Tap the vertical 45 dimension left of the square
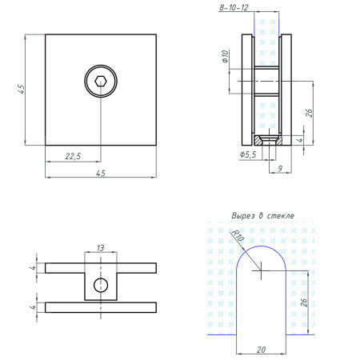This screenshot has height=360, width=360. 24,90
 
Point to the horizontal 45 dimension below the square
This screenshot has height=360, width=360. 100,173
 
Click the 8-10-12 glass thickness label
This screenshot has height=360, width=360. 234,7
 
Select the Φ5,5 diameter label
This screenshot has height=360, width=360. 247,154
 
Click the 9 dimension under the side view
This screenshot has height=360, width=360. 278,168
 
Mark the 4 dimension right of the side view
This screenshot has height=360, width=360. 300,140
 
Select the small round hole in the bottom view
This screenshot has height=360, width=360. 100,285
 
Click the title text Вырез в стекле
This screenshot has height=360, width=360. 262,216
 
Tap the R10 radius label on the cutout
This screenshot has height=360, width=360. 237,235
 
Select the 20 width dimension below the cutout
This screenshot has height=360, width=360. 262,349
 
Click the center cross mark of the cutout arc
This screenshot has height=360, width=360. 262,270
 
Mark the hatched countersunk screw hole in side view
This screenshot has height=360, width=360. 271,139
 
